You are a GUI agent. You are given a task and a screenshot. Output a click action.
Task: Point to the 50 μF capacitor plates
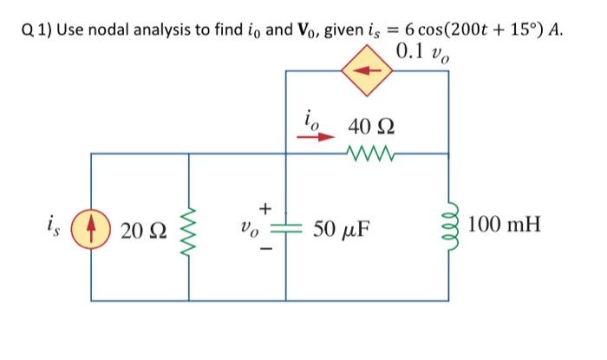pos(287,231)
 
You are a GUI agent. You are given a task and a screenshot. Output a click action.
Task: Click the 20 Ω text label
pos(141,231)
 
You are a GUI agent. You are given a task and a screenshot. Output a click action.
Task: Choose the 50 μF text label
pos(336,231)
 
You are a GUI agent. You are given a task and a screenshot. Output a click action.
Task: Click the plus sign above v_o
pos(265,207)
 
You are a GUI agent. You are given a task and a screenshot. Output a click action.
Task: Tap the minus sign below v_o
pos(265,252)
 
